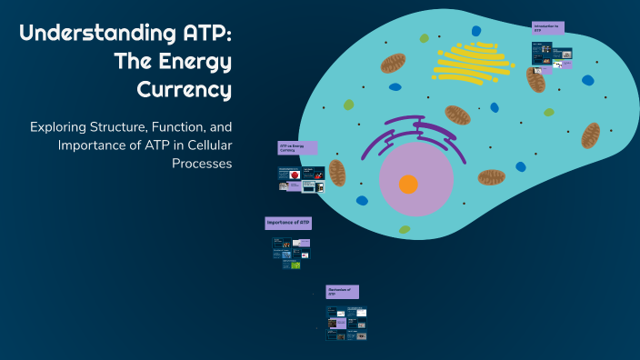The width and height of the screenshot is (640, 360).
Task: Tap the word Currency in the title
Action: (185, 90)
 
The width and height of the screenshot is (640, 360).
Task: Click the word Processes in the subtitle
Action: (202, 164)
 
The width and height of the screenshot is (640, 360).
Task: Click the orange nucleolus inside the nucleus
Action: (408, 185)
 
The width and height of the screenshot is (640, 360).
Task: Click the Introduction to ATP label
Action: (548, 28)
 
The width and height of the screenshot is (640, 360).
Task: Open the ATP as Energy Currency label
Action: (297, 147)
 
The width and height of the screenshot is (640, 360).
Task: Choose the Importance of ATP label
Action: (289, 223)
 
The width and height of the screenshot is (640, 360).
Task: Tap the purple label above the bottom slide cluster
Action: (342, 291)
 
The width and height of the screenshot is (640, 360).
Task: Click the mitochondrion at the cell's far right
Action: (590, 135)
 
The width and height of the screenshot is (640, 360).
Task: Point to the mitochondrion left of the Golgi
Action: (394, 63)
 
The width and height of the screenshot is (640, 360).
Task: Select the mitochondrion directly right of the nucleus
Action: (492, 176)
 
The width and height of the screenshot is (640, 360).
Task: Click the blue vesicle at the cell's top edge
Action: (475, 31)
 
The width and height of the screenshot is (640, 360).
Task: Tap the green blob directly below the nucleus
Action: (405, 230)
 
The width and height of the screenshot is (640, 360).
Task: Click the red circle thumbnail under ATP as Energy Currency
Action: (295, 174)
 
